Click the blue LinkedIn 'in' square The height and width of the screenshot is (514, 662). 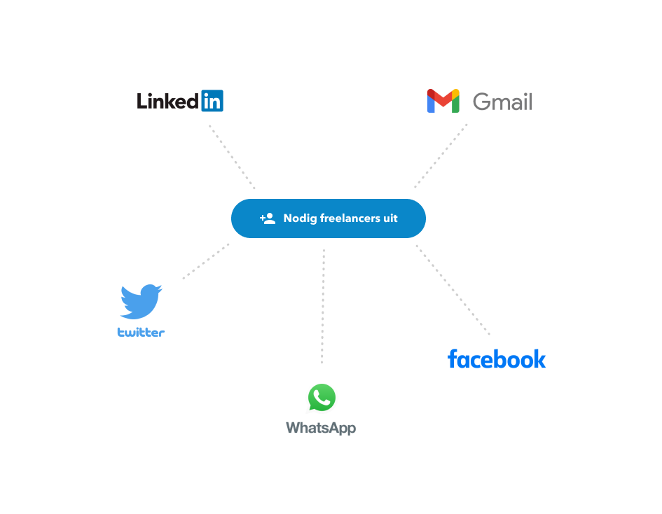pos(212,101)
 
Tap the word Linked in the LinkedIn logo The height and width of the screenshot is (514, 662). pos(167,102)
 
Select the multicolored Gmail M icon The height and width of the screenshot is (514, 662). pos(443,101)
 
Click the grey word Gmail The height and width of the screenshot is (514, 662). pos(502,102)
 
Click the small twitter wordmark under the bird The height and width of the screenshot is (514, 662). pos(141,333)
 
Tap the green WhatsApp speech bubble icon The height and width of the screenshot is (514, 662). pos(322,398)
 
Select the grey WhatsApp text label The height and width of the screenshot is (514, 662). pos(321,428)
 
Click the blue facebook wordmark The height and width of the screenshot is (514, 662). pos(497,359)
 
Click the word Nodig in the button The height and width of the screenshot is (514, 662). pos(300,218)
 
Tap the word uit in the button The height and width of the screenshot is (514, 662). pos(390,218)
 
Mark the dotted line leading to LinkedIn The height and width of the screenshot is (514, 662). pos(232,157)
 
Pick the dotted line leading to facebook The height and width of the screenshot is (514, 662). pos(453,289)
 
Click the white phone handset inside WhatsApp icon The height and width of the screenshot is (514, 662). pos(322,397)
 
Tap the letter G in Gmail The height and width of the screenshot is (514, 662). pos(481,102)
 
